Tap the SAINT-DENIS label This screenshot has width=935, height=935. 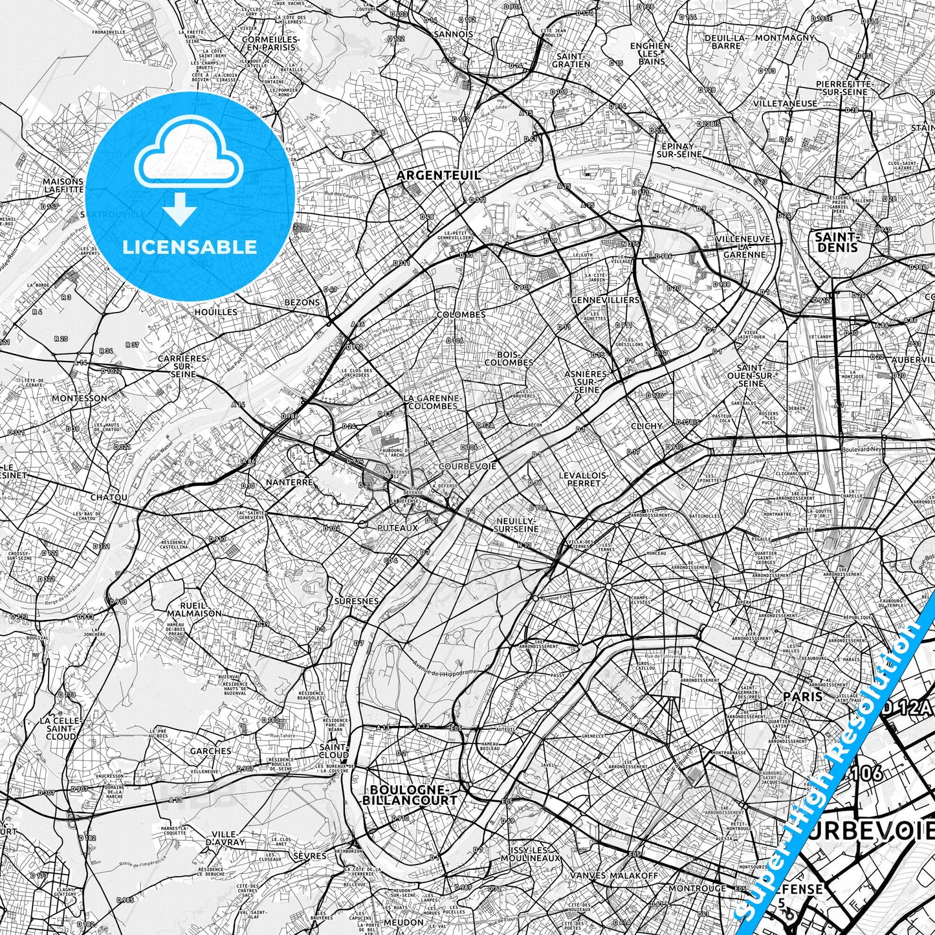pyautogui.click(x=837, y=241)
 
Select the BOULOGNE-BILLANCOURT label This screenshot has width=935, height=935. pyautogui.click(x=413, y=795)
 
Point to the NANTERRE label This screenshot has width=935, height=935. pyautogui.click(x=290, y=482)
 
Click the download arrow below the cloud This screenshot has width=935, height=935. pyautogui.click(x=181, y=212)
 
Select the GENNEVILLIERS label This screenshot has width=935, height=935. pyautogui.click(x=605, y=300)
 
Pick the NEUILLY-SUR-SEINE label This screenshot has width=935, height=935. pyautogui.click(x=516, y=524)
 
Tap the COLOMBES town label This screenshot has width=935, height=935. pyautogui.click(x=461, y=314)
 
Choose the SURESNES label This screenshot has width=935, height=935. pyautogui.click(x=357, y=601)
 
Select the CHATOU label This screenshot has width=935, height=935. pyautogui.click(x=109, y=498)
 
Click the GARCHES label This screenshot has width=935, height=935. pyautogui.click(x=210, y=751)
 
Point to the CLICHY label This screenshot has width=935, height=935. pyautogui.click(x=646, y=426)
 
